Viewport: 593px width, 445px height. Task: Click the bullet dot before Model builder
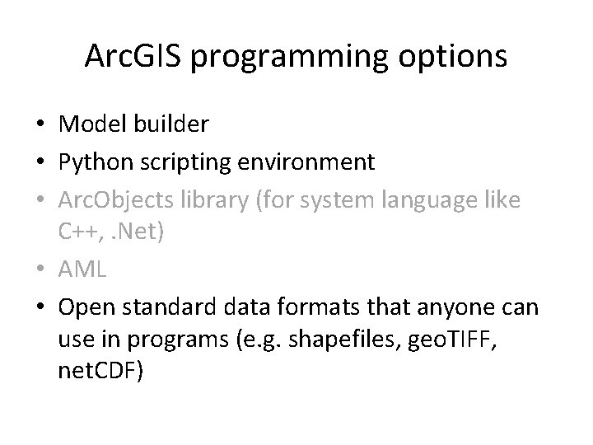click(x=40, y=124)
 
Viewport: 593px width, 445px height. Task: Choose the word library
click(x=220, y=200)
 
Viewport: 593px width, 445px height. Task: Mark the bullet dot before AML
click(x=40, y=269)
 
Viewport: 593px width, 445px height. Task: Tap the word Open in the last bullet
click(x=86, y=307)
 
